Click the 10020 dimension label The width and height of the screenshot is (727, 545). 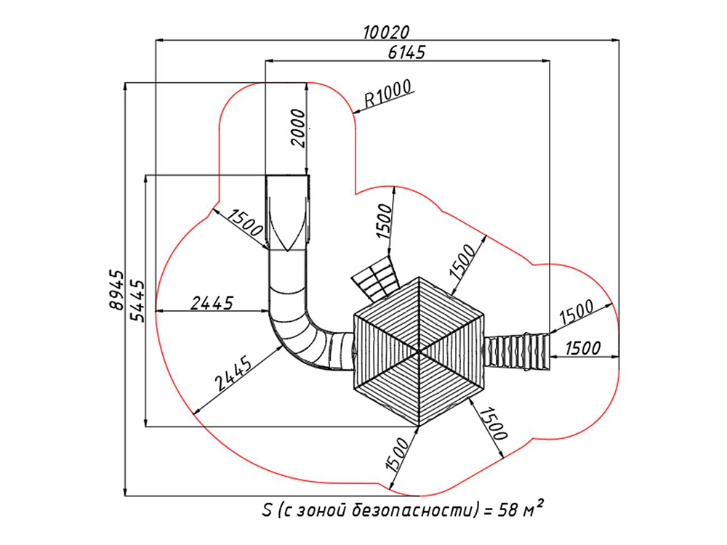(386, 32)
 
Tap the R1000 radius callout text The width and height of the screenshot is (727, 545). (387, 94)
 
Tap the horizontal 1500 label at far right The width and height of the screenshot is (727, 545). (582, 348)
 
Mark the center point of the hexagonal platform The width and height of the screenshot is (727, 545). (419, 351)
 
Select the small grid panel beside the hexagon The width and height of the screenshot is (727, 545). (377, 280)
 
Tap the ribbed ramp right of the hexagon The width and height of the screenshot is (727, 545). (518, 351)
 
